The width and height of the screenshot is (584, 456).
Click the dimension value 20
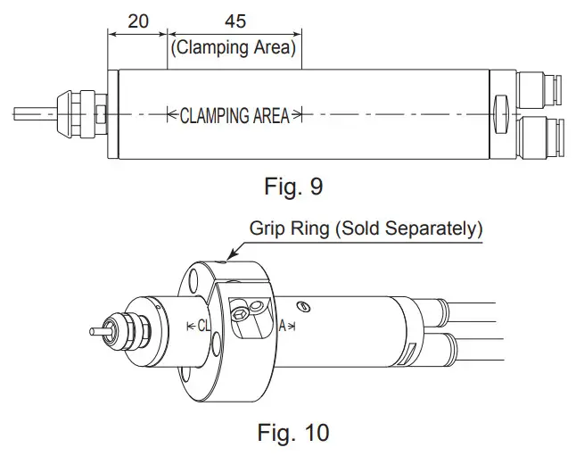coord(138,21)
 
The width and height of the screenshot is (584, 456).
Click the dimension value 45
coord(234,21)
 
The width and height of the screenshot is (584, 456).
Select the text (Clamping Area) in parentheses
coord(234,47)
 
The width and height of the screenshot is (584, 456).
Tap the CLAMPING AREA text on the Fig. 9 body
coord(235,115)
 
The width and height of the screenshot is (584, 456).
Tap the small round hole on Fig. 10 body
coord(304,308)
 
